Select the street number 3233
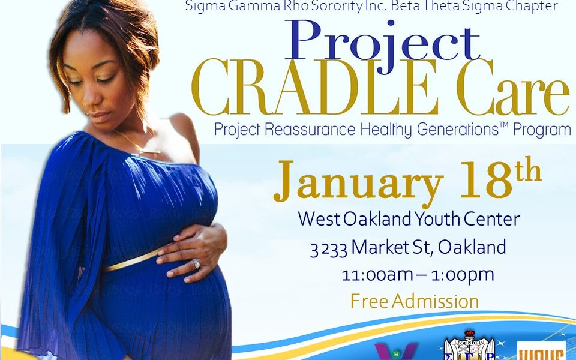point(328,247)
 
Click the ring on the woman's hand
point(196,263)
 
